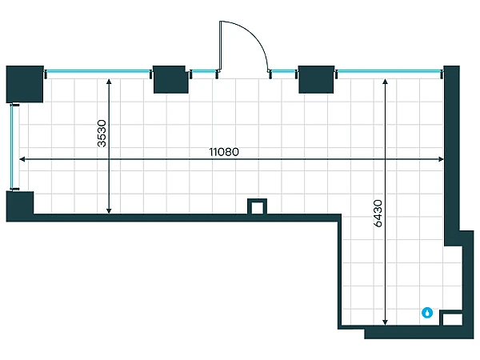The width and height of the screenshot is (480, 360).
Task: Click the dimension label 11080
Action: coord(224,152)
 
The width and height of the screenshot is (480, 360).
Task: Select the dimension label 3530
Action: coord(102,134)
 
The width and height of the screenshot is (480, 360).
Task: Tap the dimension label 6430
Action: coord(378,214)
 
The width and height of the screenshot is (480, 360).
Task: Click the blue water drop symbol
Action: coord(427,313)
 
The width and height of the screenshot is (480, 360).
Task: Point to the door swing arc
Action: coord(254,34)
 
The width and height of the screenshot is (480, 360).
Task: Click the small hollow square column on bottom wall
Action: coord(257,206)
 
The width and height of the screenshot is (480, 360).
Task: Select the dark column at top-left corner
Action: coord(25,84)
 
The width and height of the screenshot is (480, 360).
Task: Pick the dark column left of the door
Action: coord(170,79)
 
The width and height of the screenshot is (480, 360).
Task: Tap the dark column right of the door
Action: coord(316,79)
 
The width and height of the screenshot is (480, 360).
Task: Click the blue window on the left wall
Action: coord(12,147)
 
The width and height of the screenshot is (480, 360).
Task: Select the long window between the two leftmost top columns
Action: coord(98,72)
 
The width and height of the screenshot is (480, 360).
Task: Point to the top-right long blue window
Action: coord(389,72)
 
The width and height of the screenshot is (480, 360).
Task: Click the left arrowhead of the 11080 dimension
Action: coord(22,159)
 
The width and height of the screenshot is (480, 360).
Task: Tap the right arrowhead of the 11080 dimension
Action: coord(441,159)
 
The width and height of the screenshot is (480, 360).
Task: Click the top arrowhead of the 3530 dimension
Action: coord(109,81)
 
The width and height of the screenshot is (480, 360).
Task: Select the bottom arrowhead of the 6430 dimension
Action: coord(385,322)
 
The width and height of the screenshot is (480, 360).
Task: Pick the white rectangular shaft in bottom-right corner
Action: coord(452,319)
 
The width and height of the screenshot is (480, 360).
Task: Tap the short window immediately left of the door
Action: coord(204,72)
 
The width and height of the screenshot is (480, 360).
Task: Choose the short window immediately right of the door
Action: coord(283,72)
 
